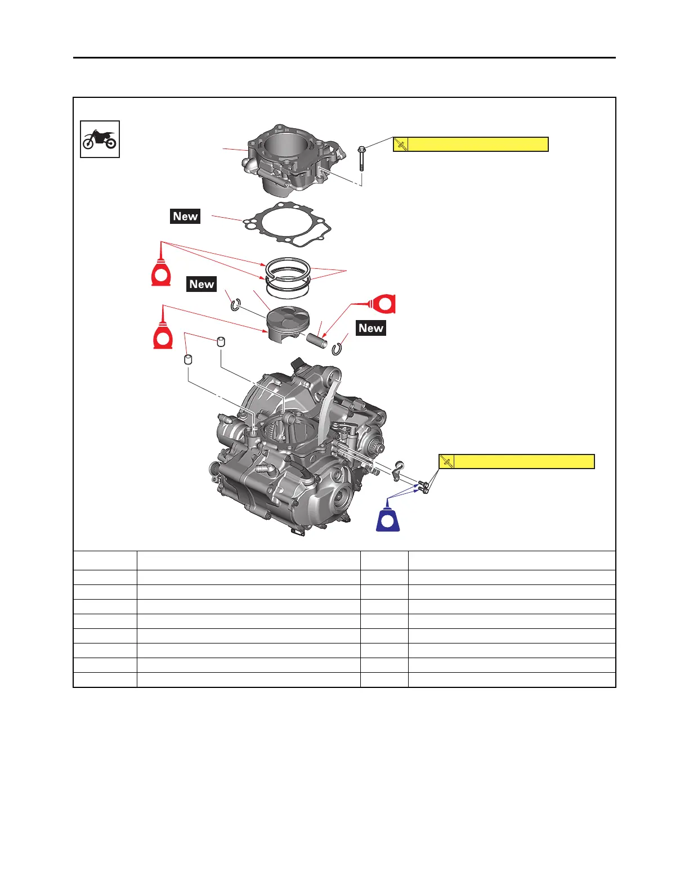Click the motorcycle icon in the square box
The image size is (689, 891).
pos(100,139)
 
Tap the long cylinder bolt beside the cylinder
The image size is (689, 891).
pos(362,159)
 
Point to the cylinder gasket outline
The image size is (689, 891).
pos(287,225)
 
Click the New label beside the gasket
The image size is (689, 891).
pos(185,217)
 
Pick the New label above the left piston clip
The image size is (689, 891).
pos(202,285)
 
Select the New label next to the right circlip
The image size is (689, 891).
pos(371,328)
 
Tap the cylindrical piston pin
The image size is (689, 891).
pos(317,340)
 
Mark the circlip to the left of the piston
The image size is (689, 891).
pos(235,305)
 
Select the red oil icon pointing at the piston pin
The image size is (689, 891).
pos(385,304)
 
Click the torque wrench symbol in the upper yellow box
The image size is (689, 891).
pos(401,145)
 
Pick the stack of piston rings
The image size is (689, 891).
pos(288,277)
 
